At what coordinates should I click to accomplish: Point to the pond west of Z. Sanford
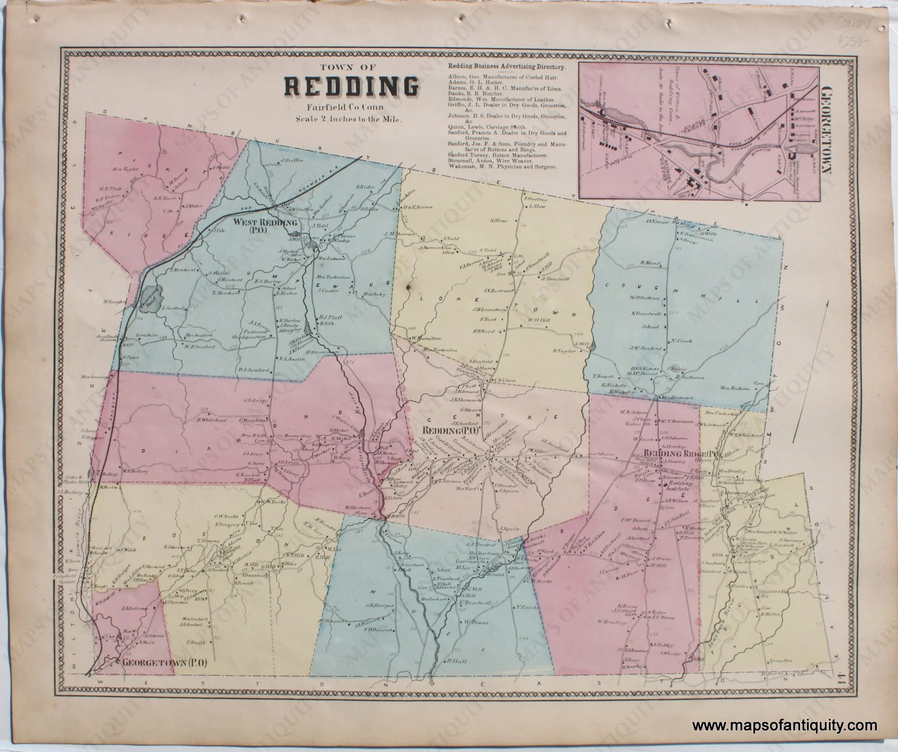tap(151, 295)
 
